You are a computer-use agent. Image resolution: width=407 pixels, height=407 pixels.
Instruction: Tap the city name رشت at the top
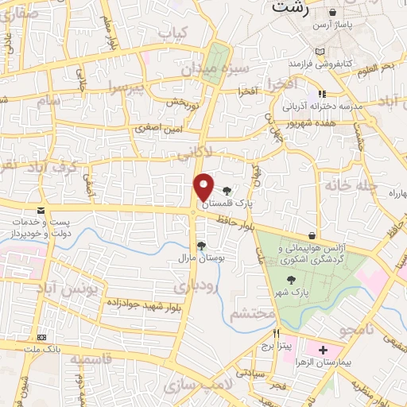click(289, 7)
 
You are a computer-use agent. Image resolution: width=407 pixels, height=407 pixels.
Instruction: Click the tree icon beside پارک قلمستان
click(228, 191)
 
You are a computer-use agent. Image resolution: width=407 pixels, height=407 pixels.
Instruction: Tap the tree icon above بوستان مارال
click(201, 246)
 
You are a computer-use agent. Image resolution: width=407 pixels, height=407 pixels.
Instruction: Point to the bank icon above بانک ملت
click(41, 339)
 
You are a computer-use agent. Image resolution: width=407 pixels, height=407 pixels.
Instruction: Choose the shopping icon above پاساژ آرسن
click(331, 14)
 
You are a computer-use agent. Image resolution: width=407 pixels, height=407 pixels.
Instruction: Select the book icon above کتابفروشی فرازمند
click(320, 51)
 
